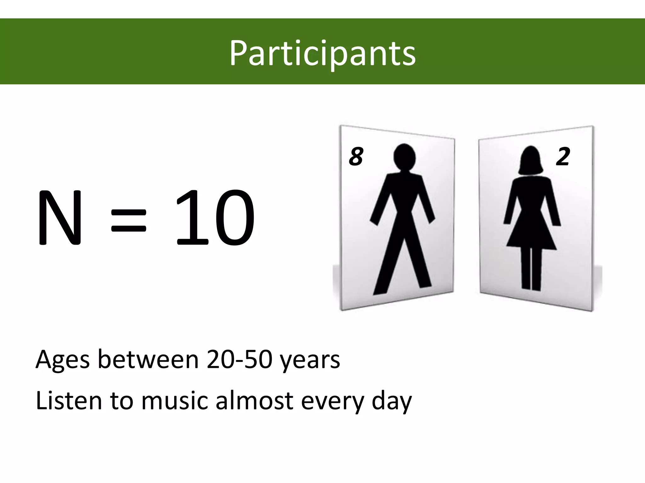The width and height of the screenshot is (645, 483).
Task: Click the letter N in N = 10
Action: coord(60,218)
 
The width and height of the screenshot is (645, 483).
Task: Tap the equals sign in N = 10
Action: coord(129,220)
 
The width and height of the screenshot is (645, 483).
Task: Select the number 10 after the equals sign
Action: coord(215,218)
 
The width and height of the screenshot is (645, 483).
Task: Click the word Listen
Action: coord(69,401)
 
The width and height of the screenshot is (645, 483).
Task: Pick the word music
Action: coord(175,401)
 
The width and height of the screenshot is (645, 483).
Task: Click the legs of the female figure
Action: coord(531,269)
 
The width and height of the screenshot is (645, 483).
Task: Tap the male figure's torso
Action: coord(404,195)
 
